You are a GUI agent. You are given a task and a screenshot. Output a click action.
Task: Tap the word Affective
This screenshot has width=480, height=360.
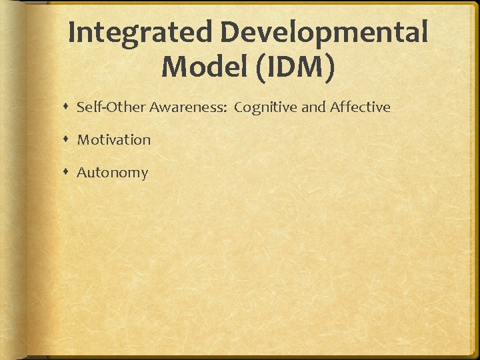tap(360, 107)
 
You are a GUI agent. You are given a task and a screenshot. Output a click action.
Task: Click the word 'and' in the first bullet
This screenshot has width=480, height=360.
tap(313, 107)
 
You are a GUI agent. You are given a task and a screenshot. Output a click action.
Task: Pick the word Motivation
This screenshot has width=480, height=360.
tap(114, 139)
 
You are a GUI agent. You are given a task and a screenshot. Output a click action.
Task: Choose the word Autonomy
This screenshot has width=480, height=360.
tap(112, 173)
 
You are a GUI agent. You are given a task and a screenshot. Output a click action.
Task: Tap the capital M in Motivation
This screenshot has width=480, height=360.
tap(83, 139)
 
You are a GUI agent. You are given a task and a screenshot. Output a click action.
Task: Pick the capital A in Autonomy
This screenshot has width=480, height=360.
tap(82, 172)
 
